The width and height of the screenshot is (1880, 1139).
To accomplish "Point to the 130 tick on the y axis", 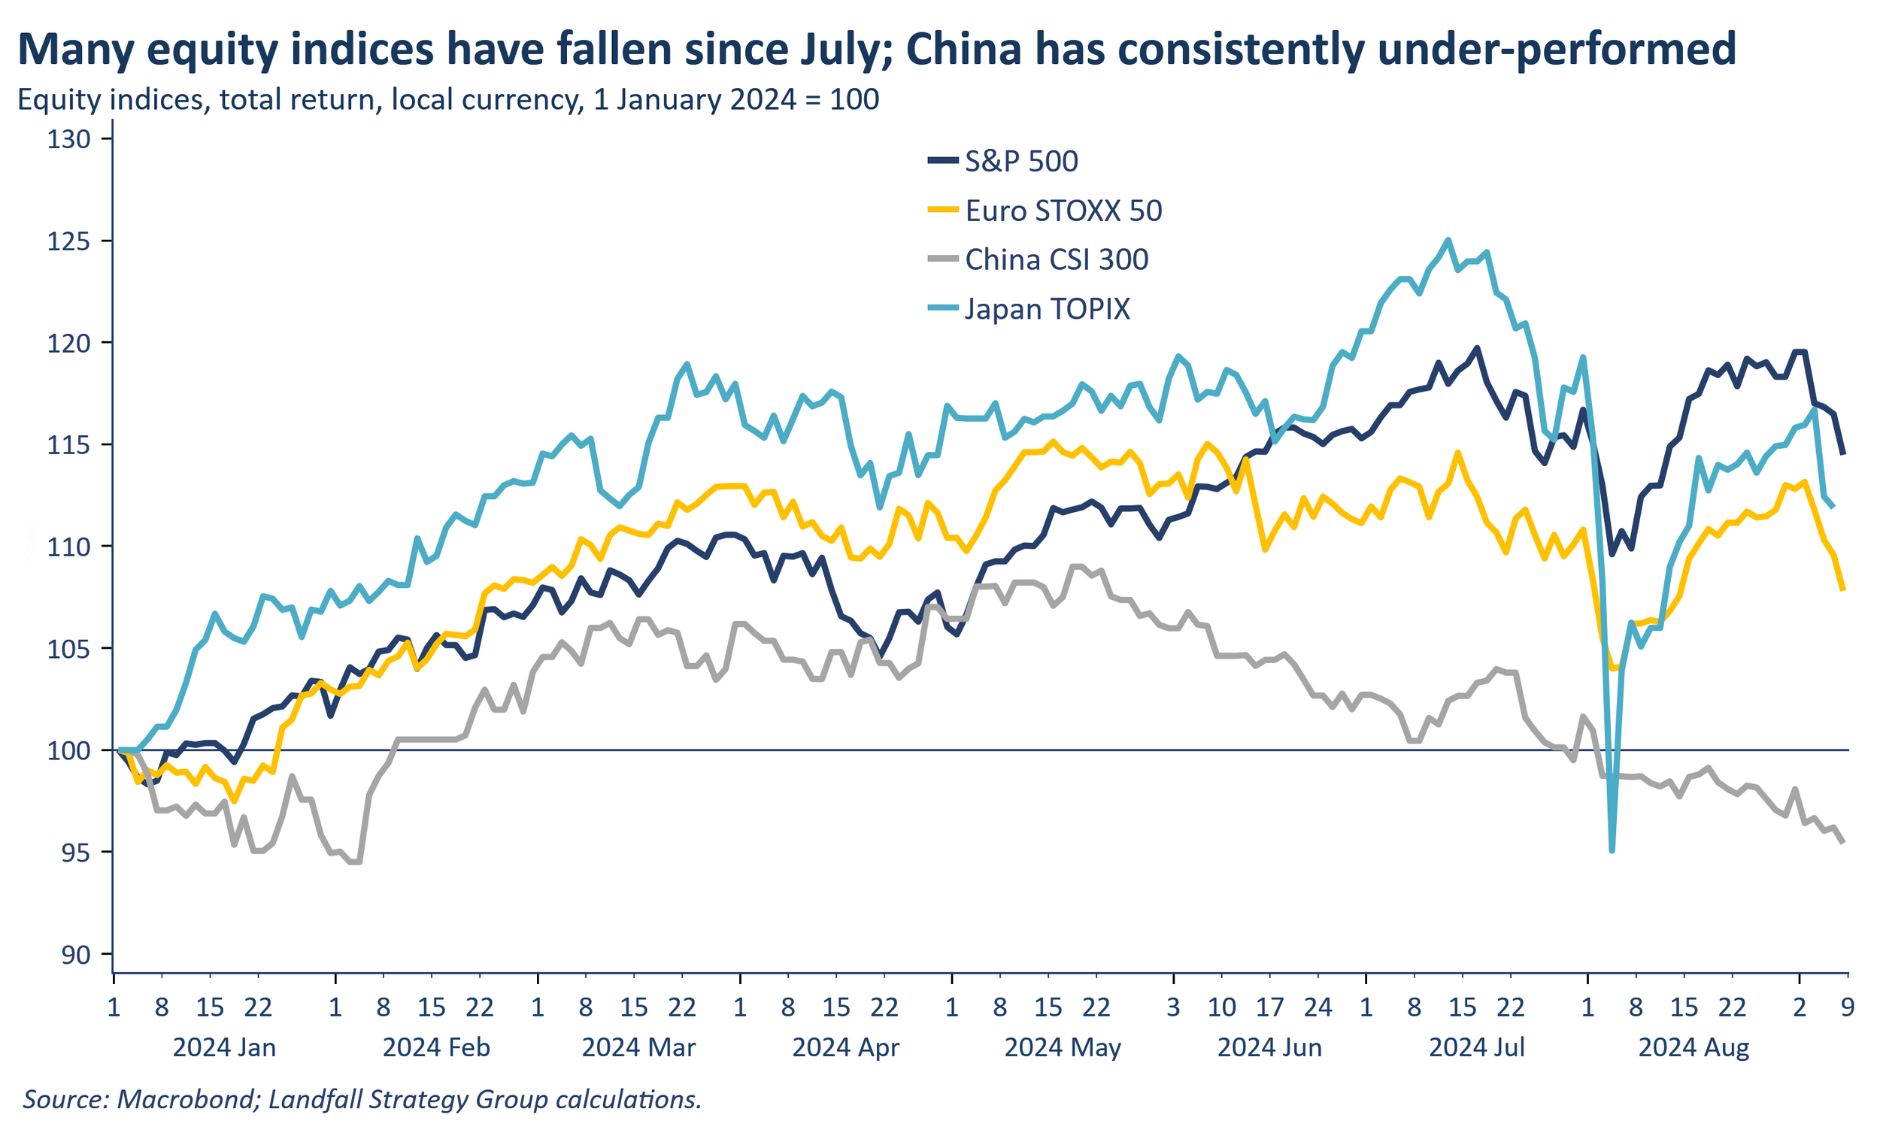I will pos(68,139).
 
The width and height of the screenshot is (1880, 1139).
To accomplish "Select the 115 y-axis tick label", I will pos(68,445).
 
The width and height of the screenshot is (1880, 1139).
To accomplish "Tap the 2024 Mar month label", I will pos(638,1047).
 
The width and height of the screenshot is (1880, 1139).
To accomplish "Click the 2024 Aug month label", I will pos(1693,1047).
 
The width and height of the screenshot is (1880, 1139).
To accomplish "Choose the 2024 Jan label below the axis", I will pos(224,1047).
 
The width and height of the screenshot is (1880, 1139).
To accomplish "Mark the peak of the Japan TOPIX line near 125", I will pos(1448,240).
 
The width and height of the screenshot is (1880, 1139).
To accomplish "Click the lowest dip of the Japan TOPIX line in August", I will pos(1612,850).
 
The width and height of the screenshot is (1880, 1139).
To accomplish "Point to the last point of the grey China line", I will pos(1843,842).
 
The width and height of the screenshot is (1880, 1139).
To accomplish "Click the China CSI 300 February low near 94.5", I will pos(355,862).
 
